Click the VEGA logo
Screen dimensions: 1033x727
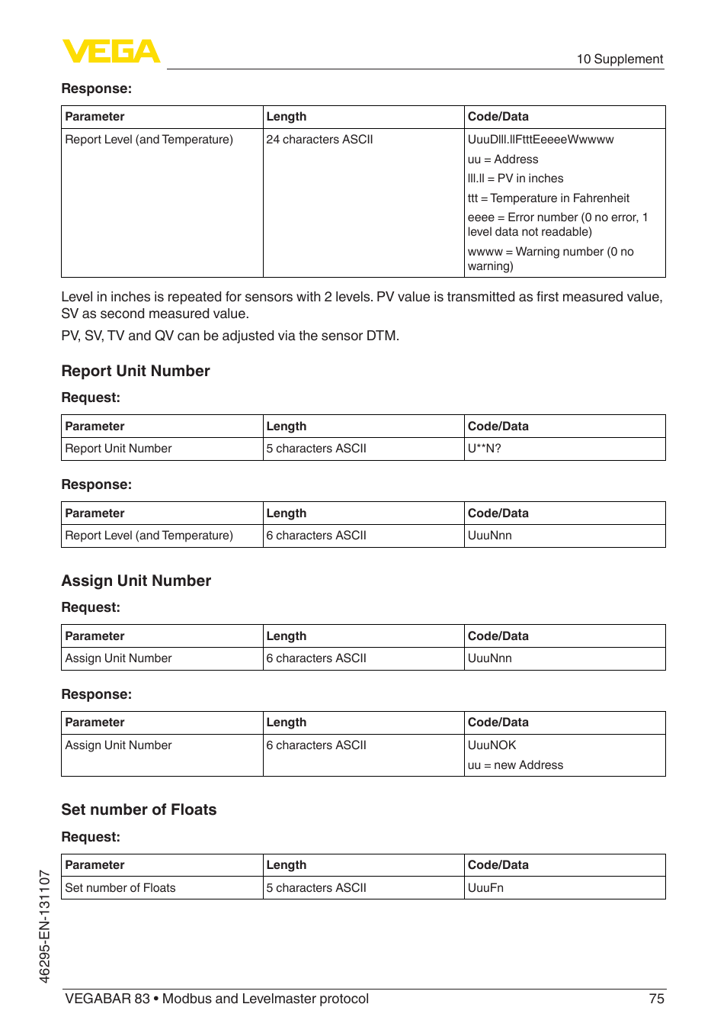[111, 51]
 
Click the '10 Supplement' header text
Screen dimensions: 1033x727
[619, 60]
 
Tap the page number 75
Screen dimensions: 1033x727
[656, 999]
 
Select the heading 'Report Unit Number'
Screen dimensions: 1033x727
[136, 371]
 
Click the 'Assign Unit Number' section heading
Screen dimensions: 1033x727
[136, 581]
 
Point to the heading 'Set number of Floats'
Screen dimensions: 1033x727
[139, 809]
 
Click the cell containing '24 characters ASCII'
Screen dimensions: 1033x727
[319, 140]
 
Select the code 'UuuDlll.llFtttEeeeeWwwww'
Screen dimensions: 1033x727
[540, 140]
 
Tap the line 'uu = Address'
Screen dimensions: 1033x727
[503, 159]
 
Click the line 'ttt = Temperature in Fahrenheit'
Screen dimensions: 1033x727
[549, 198]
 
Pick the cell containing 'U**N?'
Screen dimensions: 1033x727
[485, 449]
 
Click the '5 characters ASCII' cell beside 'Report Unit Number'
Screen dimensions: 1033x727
[316, 449]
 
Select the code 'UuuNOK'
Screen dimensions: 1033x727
[492, 745]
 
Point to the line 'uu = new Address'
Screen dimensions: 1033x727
[515, 765]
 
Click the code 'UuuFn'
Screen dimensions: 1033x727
[485, 888]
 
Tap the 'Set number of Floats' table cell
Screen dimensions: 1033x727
[120, 888]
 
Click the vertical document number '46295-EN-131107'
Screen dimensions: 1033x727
[44, 926]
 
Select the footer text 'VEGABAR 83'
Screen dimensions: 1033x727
[107, 999]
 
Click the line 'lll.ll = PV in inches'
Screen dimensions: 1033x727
[515, 179]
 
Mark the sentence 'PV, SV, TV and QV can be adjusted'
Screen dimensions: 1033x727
[230, 336]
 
